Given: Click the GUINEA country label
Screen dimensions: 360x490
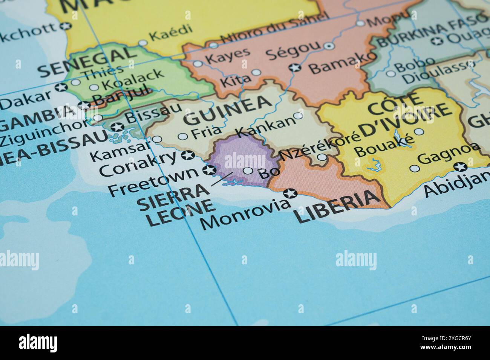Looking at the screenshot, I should (228, 109).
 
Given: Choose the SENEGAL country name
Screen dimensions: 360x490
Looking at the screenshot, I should (87, 62).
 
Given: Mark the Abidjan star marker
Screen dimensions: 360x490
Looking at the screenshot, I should (460, 166).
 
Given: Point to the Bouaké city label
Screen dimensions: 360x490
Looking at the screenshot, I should (384, 146).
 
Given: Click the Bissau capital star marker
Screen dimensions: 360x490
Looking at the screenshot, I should (118, 127).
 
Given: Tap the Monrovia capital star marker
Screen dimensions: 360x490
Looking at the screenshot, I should (291, 194).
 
